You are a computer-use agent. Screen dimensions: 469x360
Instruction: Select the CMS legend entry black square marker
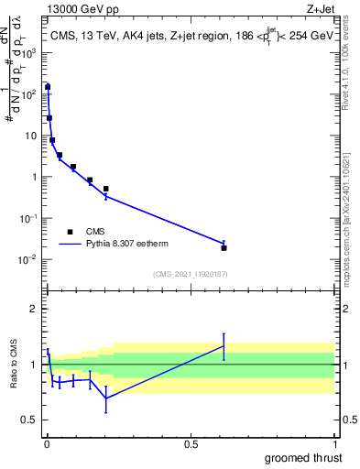(70, 232)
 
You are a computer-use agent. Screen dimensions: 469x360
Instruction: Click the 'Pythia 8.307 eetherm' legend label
(127, 245)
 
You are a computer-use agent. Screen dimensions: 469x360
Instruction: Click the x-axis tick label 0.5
(190, 444)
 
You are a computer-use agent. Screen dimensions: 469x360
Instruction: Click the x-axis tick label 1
(334, 444)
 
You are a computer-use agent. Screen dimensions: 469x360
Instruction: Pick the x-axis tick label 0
(46, 444)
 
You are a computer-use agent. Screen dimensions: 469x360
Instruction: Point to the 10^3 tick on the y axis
(33, 52)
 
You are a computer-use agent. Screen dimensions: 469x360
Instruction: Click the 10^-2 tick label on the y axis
(31, 259)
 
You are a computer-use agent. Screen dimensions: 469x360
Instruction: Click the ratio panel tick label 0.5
(32, 420)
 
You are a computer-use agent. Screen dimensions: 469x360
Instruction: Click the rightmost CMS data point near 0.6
(224, 247)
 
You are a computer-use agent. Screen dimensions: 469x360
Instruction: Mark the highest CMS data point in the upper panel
(48, 87)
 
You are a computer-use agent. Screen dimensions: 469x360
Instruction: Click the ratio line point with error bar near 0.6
(224, 346)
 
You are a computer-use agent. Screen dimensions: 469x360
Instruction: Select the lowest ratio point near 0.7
(106, 398)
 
